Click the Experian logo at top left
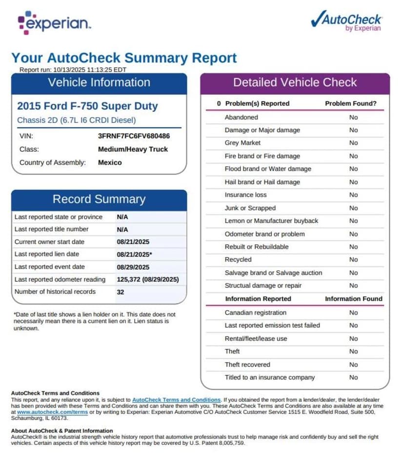tap(53, 22)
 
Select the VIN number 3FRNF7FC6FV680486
tap(134, 137)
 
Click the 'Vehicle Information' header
tap(99, 82)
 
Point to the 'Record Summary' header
tap(99, 199)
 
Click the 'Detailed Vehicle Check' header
tap(295, 82)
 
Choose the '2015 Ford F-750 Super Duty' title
tap(87, 106)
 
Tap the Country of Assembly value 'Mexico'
tap(110, 162)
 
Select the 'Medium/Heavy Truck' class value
tap(133, 149)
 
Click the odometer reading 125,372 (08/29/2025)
tap(148, 279)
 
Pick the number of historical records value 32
tap(121, 292)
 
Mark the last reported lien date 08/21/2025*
tap(135, 255)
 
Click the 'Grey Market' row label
tap(242, 143)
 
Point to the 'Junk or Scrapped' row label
tap(250, 208)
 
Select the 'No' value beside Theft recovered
tap(353, 364)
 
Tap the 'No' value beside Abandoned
tap(353, 117)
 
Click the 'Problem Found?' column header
tap(351, 103)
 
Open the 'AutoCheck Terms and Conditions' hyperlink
tap(176, 400)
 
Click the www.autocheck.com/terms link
tap(53, 412)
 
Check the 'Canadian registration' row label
tap(255, 313)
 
